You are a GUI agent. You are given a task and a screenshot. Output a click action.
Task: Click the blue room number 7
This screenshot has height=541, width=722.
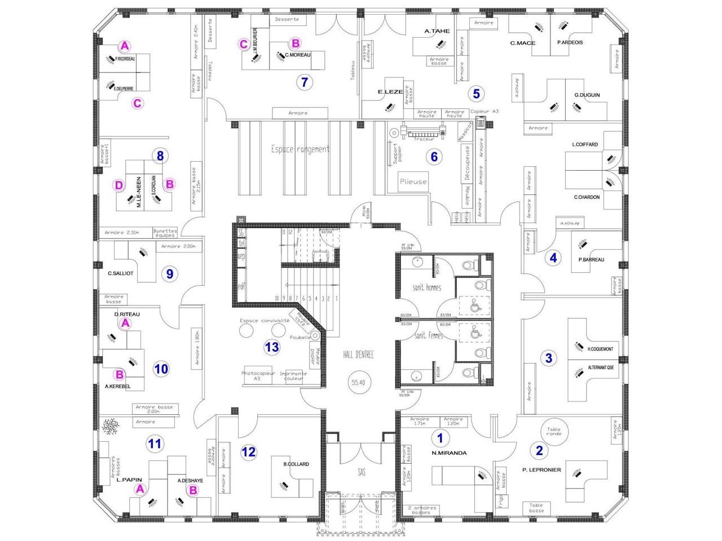pos(305,82)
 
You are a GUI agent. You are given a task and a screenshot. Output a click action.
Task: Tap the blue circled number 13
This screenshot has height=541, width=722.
pos(272,347)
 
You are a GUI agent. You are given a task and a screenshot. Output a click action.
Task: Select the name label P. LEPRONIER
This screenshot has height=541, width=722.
pos(541,469)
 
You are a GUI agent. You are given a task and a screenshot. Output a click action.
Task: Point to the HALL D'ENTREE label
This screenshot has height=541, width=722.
pos(358,353)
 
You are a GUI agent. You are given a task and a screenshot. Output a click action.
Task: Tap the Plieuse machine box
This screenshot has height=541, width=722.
pos(413,181)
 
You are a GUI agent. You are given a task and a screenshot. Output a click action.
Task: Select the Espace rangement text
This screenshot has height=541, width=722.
pos(300,149)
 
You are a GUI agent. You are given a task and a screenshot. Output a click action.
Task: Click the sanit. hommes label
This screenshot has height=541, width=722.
pos(427,288)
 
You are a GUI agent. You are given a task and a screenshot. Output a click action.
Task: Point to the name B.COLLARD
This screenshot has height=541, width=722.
pos(296,464)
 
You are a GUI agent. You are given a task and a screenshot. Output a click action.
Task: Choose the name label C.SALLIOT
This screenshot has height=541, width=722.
pos(121,273)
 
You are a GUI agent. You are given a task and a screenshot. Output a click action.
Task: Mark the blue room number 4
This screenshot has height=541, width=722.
pos(553,258)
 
